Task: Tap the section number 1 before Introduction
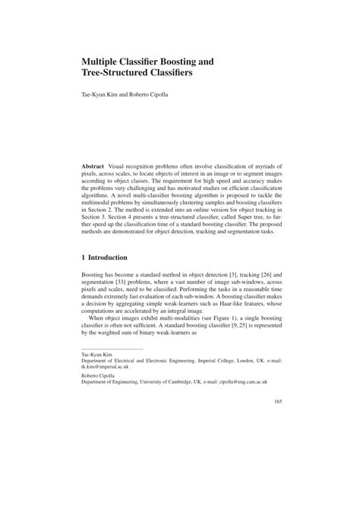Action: coord(84,258)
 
